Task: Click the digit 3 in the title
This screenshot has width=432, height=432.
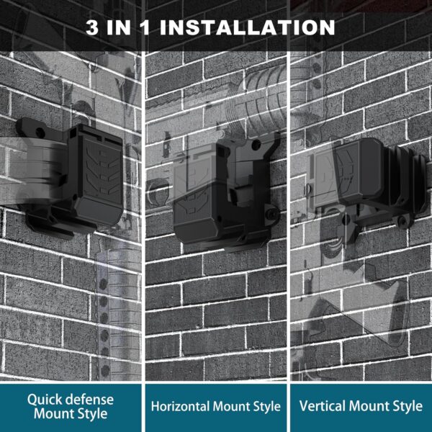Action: pyautogui.click(x=92, y=27)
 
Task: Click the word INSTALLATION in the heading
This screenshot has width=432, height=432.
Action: pyautogui.click(x=247, y=27)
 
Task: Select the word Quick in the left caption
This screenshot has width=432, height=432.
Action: pyautogui.click(x=45, y=400)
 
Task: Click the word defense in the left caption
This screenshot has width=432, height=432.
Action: pyautogui.click(x=90, y=400)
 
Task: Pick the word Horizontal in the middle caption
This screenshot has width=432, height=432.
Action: pyautogui.click(x=180, y=406)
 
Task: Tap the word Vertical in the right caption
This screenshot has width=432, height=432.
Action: pyautogui.click(x=322, y=406)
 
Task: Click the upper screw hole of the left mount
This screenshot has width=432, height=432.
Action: pyautogui.click(x=40, y=133)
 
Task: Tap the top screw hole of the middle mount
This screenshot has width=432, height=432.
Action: pyautogui.click(x=256, y=145)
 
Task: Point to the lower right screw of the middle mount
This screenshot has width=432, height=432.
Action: pyautogui.click(x=271, y=214)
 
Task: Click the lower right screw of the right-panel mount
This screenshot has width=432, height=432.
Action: pyautogui.click(x=403, y=220)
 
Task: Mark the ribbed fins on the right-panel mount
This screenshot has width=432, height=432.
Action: pyautogui.click(x=404, y=179)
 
